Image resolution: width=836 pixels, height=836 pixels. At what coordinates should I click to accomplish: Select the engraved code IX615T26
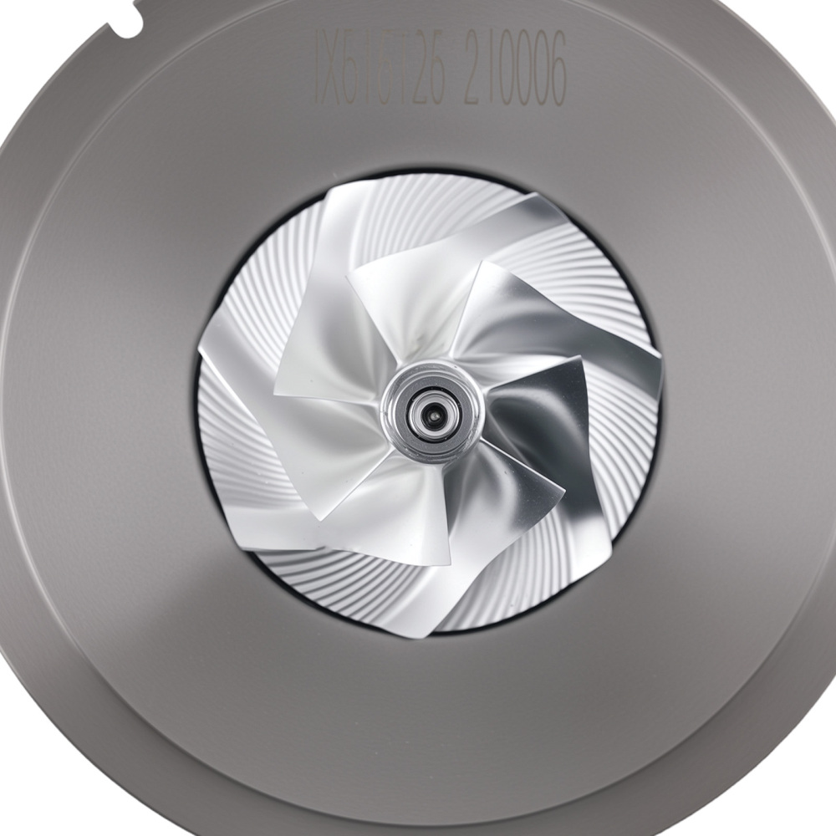(380, 65)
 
